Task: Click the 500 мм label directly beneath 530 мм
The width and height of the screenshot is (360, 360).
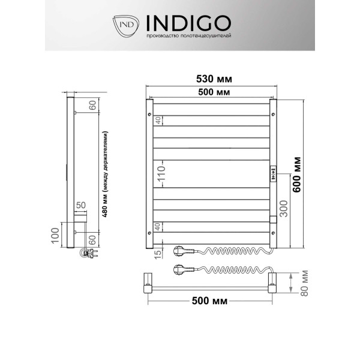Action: click(x=213, y=91)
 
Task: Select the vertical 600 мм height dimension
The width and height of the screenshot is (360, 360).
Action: click(x=297, y=173)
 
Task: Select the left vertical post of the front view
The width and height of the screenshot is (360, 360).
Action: click(x=149, y=174)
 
